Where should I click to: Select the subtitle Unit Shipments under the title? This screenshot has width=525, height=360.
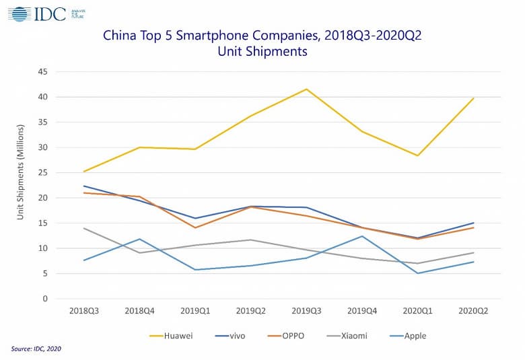[262, 52]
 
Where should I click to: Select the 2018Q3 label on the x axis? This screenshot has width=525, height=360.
[83, 312]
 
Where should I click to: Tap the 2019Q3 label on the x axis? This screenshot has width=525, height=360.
[306, 312]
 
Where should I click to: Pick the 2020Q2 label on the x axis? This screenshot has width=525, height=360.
[473, 312]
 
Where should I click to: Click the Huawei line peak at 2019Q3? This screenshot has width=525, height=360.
[306, 89]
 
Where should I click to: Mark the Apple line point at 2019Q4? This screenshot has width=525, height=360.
[362, 236]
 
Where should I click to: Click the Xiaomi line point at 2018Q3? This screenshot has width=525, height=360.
[83, 228]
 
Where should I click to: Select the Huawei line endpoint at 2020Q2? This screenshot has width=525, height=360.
[473, 98]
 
